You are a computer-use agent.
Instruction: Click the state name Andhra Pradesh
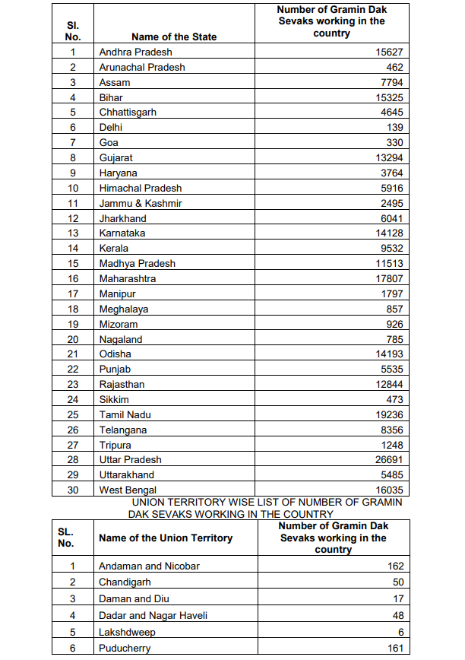(135, 52)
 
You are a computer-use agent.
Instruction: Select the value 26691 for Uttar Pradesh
(388, 460)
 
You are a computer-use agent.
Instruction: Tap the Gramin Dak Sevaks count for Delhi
(394, 128)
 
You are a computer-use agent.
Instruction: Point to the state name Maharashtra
(128, 279)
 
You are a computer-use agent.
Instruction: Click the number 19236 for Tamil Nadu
(388, 415)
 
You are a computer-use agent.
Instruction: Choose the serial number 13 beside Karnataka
(74, 233)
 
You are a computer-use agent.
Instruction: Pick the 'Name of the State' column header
(174, 36)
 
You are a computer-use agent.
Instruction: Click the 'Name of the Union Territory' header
(166, 538)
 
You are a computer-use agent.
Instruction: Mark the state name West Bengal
(128, 490)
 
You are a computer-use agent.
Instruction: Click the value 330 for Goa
(394, 143)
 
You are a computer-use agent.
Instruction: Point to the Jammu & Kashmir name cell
(141, 203)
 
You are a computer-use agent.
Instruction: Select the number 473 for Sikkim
(394, 400)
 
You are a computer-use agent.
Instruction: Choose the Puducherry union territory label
(125, 649)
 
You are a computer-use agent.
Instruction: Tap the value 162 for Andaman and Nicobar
(394, 566)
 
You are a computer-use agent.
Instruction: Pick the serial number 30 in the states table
(74, 490)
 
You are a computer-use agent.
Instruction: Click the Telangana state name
(123, 430)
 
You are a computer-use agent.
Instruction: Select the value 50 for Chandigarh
(397, 582)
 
